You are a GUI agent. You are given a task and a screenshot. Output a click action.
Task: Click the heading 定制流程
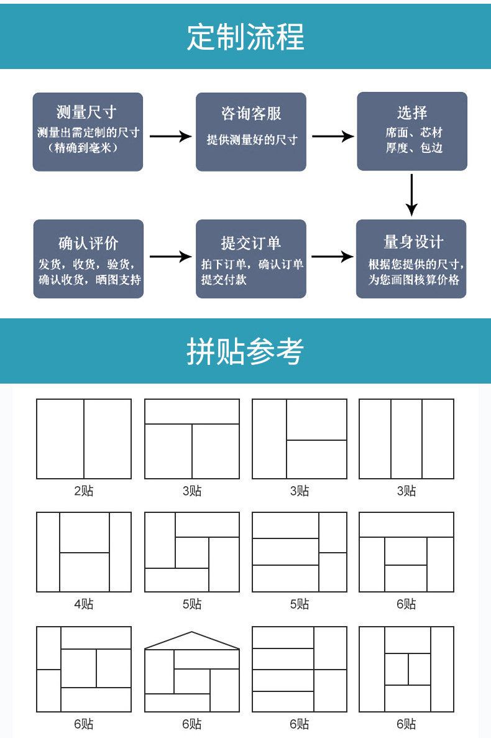coord(245,37)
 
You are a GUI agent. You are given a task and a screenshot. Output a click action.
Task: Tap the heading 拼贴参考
coord(245,352)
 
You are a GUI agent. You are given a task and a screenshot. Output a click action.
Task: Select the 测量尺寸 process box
coord(88,132)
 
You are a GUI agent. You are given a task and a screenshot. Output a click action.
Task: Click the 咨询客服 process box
coord(251,132)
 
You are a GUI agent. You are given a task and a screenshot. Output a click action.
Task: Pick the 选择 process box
coord(411,131)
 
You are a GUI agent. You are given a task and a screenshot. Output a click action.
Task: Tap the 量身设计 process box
coord(411,259)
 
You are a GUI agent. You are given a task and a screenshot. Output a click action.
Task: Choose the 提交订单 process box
coord(251,259)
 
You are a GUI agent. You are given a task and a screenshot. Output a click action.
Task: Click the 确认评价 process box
coord(88,259)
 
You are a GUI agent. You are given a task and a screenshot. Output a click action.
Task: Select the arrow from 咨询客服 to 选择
coord(332,136)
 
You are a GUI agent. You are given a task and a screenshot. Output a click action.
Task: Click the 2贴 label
coord(84,491)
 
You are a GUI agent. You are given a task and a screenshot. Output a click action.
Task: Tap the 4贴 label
coord(84,604)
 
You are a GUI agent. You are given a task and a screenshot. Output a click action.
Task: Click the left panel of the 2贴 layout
coord(60,439)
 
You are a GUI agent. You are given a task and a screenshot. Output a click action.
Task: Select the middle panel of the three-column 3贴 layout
coord(406,439)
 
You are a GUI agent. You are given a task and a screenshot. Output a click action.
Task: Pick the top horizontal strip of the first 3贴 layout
coord(192,412)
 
